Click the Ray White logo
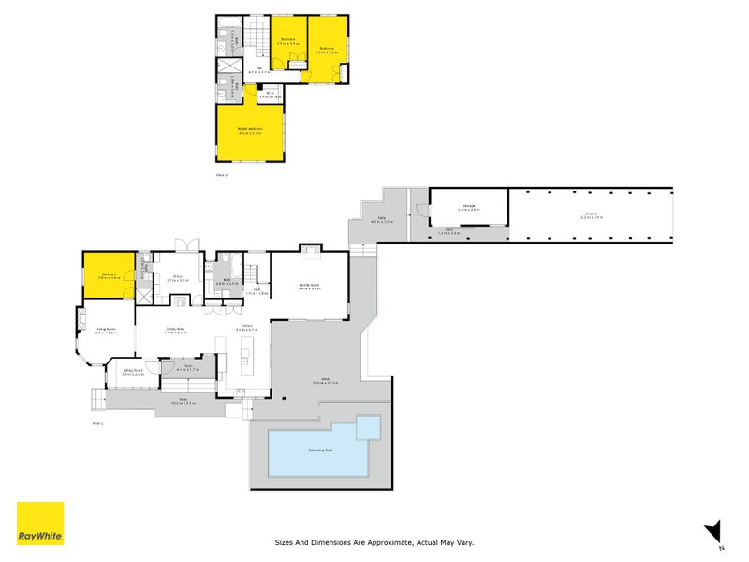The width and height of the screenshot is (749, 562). (40, 524)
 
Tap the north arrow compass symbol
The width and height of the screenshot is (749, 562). (713, 529)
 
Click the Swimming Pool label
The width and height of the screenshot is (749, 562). (318, 451)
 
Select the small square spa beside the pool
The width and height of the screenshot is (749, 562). (369, 428)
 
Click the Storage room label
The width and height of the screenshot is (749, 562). (468, 207)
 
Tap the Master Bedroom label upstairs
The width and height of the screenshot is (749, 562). (250, 130)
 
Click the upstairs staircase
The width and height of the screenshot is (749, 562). (256, 37)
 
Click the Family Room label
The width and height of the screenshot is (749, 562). (310, 285)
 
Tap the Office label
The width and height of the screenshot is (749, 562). (177, 276)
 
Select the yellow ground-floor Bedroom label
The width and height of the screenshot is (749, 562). (109, 274)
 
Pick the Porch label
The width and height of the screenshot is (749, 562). (187, 367)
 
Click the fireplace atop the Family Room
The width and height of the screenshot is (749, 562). (310, 249)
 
